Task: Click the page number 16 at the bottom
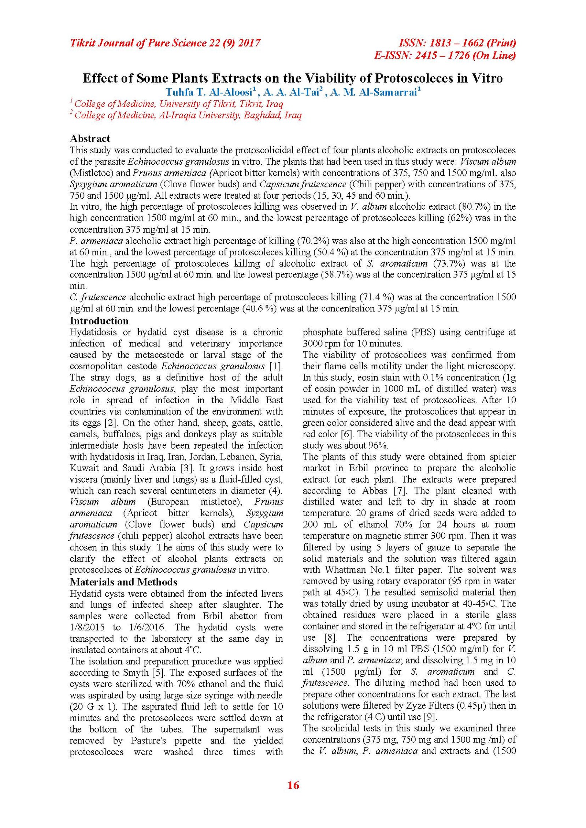coord(293,785)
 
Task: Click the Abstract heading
coord(90,138)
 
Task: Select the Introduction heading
coord(99,321)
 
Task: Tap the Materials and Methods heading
coord(123,582)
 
